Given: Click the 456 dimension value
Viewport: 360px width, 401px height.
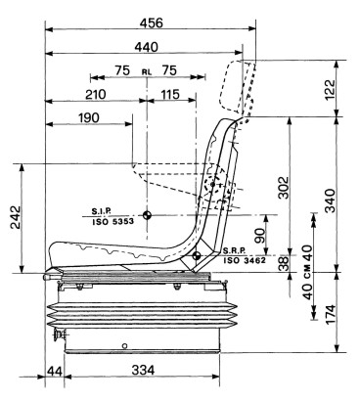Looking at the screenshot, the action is coord(151,23).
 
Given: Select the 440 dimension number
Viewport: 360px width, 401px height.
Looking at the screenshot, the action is coord(146,48).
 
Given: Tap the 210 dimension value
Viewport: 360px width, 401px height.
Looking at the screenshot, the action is coord(96,95).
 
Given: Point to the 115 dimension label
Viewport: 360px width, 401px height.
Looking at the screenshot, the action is coord(170,95).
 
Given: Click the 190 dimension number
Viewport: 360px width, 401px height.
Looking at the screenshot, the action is coord(89,117).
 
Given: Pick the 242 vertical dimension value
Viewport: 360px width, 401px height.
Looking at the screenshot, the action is coord(16,217).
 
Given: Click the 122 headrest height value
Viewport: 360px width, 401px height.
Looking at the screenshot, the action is coord(330,90).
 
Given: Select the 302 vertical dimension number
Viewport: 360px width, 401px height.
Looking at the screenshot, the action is coord(284,188).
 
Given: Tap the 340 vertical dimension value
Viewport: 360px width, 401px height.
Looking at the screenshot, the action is coord(330,200).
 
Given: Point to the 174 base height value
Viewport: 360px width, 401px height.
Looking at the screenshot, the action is coord(330,315).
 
